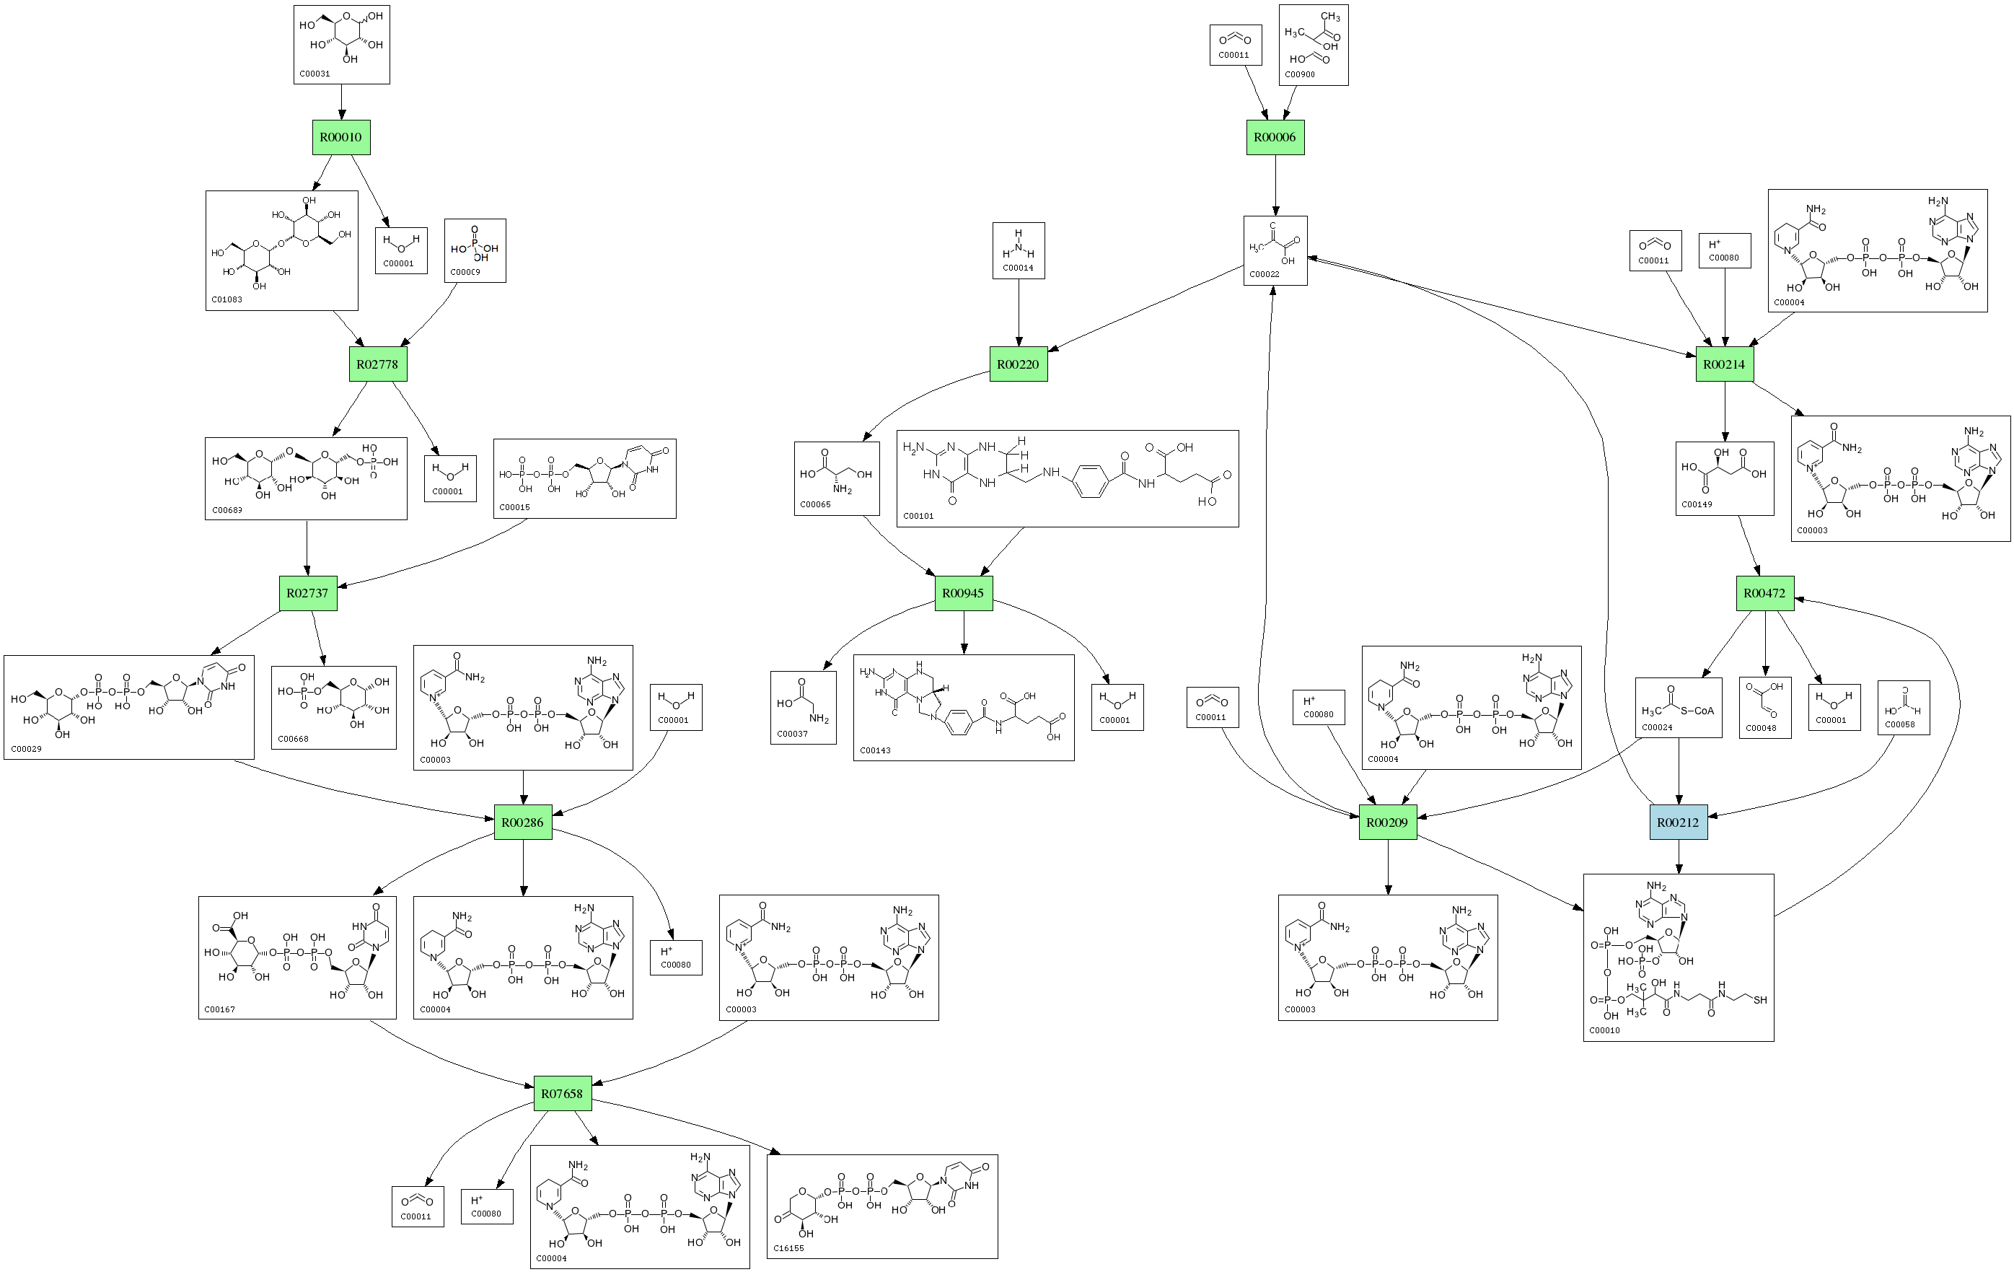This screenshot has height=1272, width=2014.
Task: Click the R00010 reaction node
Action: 341,137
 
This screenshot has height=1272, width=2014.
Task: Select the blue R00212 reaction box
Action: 1678,822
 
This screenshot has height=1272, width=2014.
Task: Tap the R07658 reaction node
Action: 562,1093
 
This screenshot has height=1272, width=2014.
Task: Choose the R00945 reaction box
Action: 964,593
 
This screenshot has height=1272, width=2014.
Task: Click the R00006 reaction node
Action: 1275,137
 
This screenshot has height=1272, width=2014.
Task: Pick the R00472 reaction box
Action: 1764,593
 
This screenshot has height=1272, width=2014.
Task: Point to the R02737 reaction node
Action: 308,593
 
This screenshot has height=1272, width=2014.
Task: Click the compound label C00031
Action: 315,74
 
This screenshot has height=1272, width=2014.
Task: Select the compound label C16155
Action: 788,1247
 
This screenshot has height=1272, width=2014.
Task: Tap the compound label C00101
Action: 918,516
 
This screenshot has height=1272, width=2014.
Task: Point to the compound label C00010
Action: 1604,1030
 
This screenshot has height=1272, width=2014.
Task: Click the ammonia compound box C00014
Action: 1019,250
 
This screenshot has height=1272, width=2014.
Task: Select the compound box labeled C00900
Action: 1313,45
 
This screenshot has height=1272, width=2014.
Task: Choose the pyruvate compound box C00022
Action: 1275,251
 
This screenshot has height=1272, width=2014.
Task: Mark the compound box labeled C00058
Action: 1904,708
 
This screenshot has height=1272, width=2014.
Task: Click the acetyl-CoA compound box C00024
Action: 1679,708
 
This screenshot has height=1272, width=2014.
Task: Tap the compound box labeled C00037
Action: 803,708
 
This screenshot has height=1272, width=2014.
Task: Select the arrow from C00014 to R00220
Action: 1019,313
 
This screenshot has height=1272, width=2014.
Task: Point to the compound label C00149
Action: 1696,504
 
